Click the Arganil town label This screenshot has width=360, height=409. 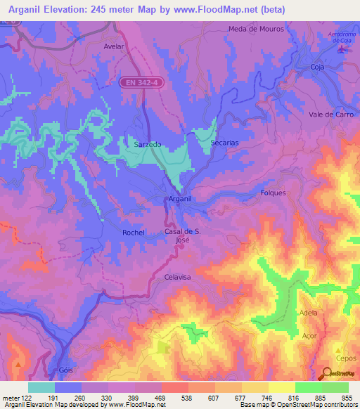pos(180,200)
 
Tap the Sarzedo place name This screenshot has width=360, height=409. pos(148,144)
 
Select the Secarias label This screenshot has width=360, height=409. pos(225,143)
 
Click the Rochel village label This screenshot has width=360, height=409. pos(133,233)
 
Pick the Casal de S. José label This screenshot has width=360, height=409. pos(182,235)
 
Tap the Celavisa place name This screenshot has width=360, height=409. pos(177,278)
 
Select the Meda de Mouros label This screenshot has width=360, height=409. pos(256,30)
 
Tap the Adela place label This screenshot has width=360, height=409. pos(308,313)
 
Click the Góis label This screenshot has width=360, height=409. pos(65,370)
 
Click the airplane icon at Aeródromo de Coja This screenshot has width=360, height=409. pos(342,50)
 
